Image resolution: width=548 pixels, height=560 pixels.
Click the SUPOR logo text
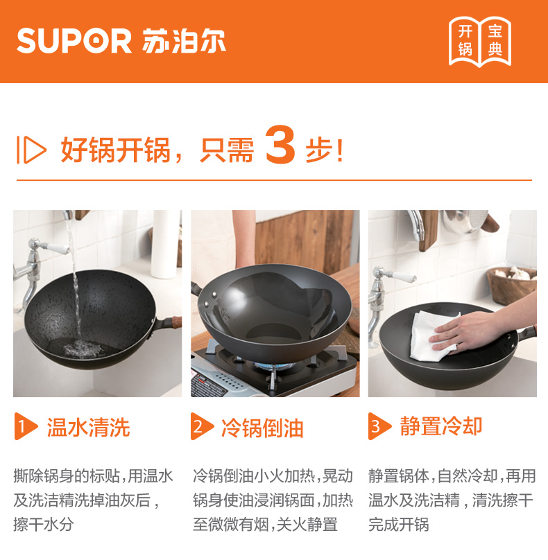tap(74, 41)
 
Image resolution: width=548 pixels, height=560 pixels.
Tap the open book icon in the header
tap(480, 42)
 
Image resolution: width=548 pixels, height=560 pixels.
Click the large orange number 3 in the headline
tap(281, 144)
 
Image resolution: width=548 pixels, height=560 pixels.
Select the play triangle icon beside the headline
tap(31, 149)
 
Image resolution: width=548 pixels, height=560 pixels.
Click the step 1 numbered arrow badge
tap(26, 426)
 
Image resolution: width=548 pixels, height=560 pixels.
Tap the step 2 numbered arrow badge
tap(202, 426)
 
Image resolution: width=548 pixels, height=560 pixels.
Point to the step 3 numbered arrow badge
tap(379, 426)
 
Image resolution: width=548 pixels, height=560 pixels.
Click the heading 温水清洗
tap(88, 427)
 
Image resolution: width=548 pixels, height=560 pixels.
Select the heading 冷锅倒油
tap(262, 428)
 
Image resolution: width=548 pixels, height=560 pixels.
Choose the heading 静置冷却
tap(441, 426)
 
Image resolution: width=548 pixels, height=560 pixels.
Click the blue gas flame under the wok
tap(273, 365)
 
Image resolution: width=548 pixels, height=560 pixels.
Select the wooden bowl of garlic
tap(512, 284)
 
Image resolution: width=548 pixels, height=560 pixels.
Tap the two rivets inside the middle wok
tap(210, 299)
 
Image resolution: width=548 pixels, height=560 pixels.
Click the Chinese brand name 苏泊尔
tap(184, 41)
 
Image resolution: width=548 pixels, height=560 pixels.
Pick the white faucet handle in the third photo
tap(404, 276)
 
